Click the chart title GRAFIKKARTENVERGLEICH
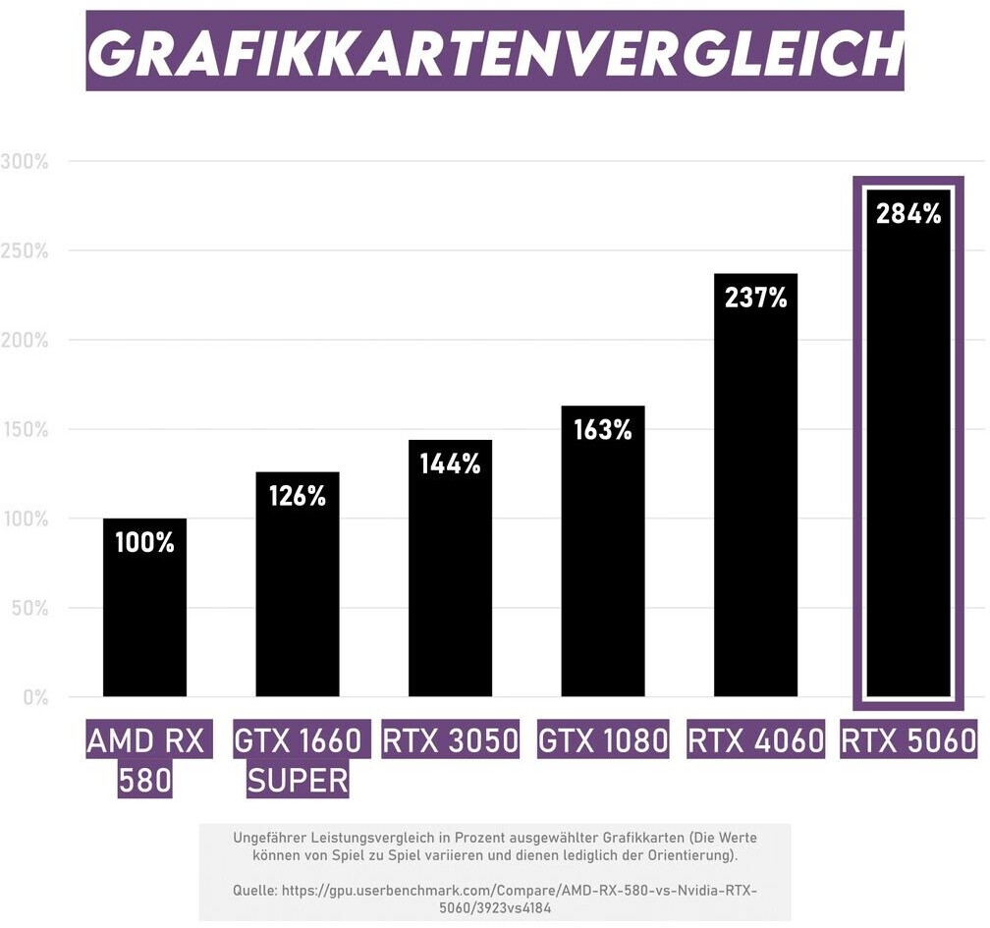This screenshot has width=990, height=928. point(495,52)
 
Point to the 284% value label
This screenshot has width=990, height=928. point(908,213)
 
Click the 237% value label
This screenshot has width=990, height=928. point(755,298)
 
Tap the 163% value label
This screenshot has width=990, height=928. point(603,429)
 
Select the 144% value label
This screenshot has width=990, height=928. point(450,464)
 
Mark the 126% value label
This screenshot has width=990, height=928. point(298,496)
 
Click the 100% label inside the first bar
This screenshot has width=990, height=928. point(144,541)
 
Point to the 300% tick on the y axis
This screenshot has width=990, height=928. point(25,162)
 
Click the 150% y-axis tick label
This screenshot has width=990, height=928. point(25,430)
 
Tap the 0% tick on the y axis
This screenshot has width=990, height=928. point(34,698)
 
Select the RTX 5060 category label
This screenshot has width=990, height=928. point(908,740)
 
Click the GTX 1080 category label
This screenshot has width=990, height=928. point(603,740)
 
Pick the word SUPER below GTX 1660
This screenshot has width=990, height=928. point(298,781)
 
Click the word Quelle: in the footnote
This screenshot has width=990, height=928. point(253,891)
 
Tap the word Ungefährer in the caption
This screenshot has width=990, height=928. point(270,838)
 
